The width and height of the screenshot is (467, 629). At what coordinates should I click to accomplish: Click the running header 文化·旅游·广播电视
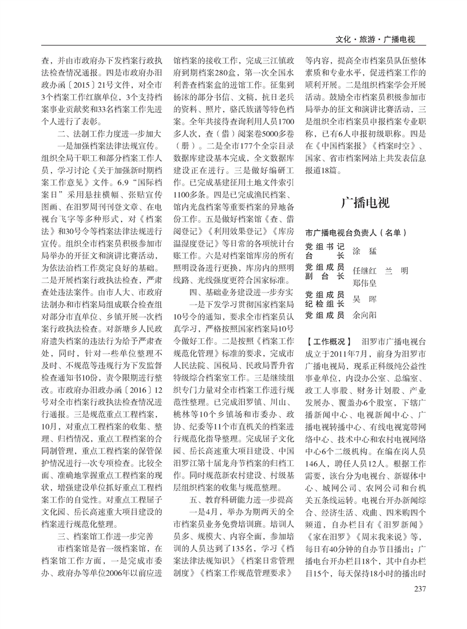375,40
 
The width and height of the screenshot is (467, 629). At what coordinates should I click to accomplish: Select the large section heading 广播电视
365,203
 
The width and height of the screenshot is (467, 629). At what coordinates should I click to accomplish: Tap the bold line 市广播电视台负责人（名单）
355,233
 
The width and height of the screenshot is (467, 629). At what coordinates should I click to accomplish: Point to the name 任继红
365,270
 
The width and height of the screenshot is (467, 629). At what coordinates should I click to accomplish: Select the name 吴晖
361,299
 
